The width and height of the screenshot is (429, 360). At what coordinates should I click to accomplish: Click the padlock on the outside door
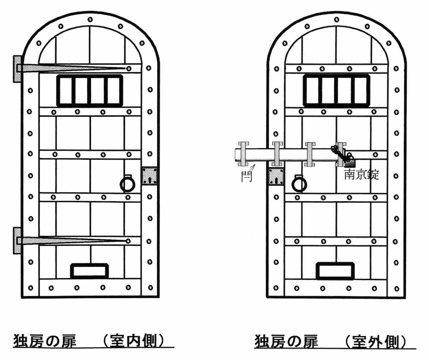(350, 163)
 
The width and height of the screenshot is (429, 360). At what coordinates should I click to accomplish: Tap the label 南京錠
(361, 175)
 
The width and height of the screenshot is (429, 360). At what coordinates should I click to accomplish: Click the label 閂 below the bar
(246, 176)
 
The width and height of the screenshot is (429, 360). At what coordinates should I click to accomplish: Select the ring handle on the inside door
(127, 183)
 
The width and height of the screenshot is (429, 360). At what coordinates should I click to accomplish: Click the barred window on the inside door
(90, 90)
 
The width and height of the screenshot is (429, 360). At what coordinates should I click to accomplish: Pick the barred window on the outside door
(337, 90)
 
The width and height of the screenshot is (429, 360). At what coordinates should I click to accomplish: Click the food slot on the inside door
(90, 271)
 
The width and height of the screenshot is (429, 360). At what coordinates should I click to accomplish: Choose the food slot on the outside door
(335, 271)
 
